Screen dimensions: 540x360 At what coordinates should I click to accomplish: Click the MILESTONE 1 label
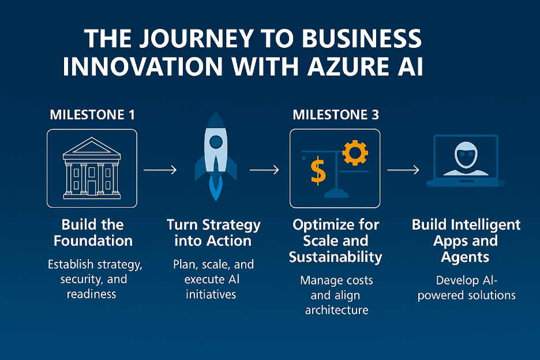tap(92, 115)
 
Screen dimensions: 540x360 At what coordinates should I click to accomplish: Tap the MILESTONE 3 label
tap(336, 115)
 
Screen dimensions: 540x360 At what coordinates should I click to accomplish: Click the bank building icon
tap(92, 168)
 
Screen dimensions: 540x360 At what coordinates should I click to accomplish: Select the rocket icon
tap(216, 157)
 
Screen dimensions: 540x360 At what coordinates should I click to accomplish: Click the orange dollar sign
tap(318, 171)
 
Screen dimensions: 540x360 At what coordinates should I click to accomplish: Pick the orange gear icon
tap(355, 153)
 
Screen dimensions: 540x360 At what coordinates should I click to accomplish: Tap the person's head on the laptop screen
tap(466, 155)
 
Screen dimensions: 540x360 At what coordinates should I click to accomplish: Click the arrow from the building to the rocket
tap(160, 170)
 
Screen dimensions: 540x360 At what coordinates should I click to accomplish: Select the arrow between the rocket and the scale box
tap(264, 170)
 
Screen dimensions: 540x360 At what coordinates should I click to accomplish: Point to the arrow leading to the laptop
tap(403, 170)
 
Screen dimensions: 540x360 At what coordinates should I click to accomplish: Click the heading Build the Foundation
tap(93, 233)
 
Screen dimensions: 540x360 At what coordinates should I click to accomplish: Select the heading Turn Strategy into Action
tap(213, 233)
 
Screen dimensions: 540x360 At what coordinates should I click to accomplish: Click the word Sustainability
tap(336, 257)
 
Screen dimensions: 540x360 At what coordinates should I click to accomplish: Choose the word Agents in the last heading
tap(465, 257)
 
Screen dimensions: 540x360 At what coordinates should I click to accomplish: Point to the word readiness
tap(91, 294)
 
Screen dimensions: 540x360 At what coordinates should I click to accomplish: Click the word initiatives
tap(211, 294)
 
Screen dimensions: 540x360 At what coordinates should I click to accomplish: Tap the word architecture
tap(336, 310)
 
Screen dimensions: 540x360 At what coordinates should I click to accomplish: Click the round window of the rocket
tap(216, 142)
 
